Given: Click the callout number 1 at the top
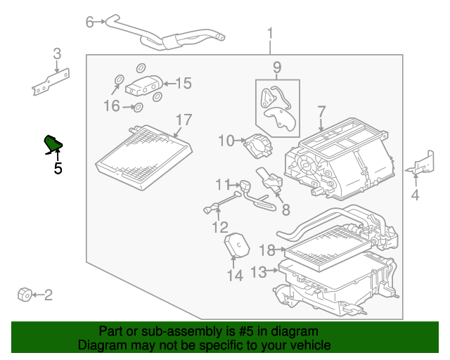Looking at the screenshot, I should (270, 33).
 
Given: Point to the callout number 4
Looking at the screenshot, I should (415, 195).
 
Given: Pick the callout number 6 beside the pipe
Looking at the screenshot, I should (89, 22).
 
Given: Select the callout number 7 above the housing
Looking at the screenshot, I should (321, 112).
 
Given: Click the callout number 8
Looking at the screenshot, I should (285, 209).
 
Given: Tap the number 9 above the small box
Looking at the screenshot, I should (277, 67).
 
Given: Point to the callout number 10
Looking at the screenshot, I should (225, 141).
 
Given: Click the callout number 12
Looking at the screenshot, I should (220, 226).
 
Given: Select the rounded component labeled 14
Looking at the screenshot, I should (238, 247).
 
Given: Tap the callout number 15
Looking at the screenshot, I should (183, 84).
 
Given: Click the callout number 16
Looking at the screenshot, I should (112, 106).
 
